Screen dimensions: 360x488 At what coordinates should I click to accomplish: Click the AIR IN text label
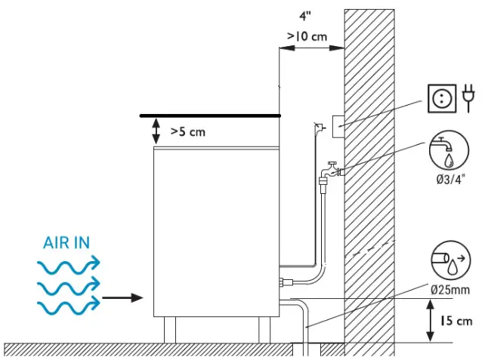(67, 244)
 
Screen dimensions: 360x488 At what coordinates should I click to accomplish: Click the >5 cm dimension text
(188, 131)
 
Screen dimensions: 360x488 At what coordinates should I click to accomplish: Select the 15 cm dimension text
(456, 321)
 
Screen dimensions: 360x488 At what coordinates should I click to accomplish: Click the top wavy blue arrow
(68, 264)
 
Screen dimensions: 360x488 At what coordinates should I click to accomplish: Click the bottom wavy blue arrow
(68, 305)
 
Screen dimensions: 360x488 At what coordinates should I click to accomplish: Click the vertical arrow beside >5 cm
(156, 131)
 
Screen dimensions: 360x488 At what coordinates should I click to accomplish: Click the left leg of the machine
(170, 330)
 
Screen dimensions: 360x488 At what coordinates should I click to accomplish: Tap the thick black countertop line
(210, 115)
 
